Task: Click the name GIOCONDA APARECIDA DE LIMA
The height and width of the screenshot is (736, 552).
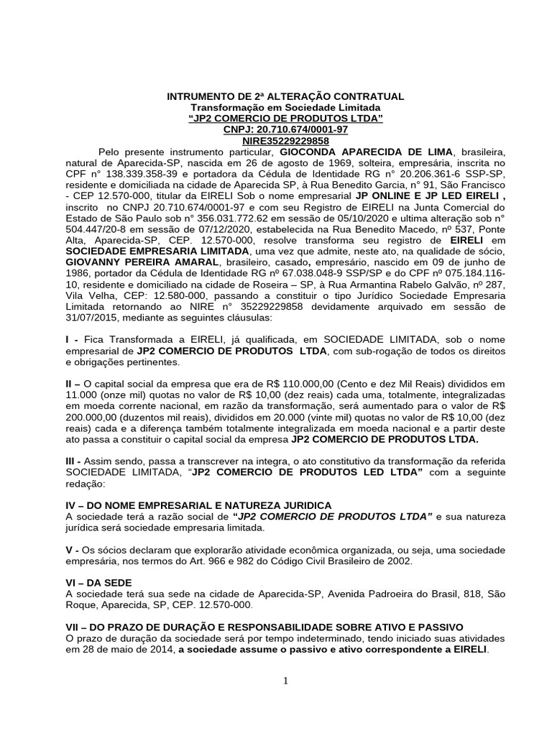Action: coord(367,152)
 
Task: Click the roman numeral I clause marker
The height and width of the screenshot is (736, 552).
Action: coord(68,338)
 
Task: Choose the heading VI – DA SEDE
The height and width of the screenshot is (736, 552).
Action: coord(98,583)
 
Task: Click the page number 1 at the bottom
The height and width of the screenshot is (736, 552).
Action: coord(285,682)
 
